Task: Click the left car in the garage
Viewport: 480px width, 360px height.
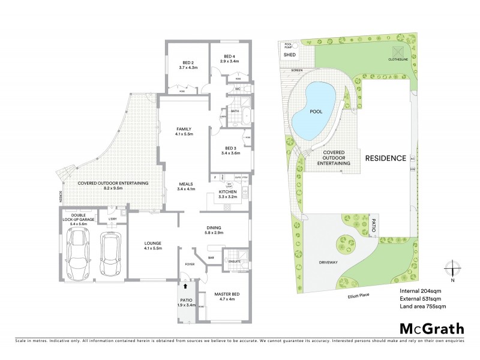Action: (x=79, y=252)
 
